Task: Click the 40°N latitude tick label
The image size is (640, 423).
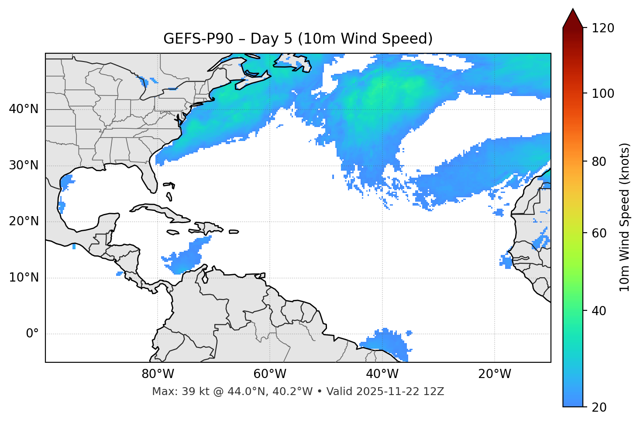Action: click(x=24, y=109)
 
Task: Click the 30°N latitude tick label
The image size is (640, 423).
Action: click(x=24, y=165)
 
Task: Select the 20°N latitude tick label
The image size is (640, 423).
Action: click(x=24, y=221)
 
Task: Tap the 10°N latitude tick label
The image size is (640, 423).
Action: click(x=24, y=278)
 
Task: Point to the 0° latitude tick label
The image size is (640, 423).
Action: click(x=32, y=334)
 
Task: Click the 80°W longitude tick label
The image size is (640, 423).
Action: click(x=158, y=374)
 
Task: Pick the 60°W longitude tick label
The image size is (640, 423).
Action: click(x=270, y=374)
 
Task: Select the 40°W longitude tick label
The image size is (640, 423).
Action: click(x=382, y=374)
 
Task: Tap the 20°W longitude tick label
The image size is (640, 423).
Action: click(x=494, y=374)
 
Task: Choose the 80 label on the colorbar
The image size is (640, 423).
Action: click(x=601, y=162)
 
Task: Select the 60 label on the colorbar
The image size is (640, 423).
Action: click(x=601, y=233)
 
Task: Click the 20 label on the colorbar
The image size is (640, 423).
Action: click(x=601, y=407)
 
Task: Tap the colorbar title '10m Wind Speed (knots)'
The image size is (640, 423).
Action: click(x=625, y=217)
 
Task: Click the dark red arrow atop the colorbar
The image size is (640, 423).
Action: click(x=573, y=19)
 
